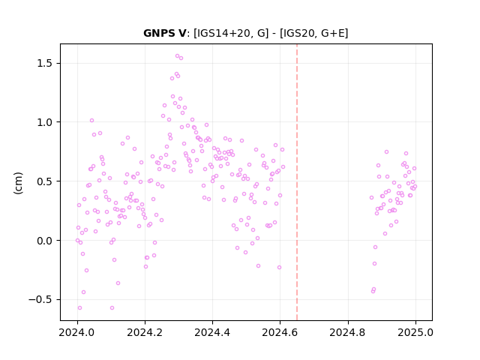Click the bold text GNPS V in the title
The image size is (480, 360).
[165, 33]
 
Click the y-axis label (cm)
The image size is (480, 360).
[18, 183]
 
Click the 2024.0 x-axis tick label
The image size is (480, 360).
[77, 332]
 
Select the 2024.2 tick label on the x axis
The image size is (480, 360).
[145, 332]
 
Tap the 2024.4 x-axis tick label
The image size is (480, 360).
[212, 332]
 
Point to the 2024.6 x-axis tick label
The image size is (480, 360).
[280, 332]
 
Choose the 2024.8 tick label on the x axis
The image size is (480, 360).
[348, 332]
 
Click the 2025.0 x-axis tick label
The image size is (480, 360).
[415, 332]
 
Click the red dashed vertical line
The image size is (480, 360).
[297, 182]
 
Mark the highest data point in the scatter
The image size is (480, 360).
[177, 56]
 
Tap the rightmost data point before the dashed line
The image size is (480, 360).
[283, 166]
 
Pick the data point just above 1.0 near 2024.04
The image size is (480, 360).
[91, 121]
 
